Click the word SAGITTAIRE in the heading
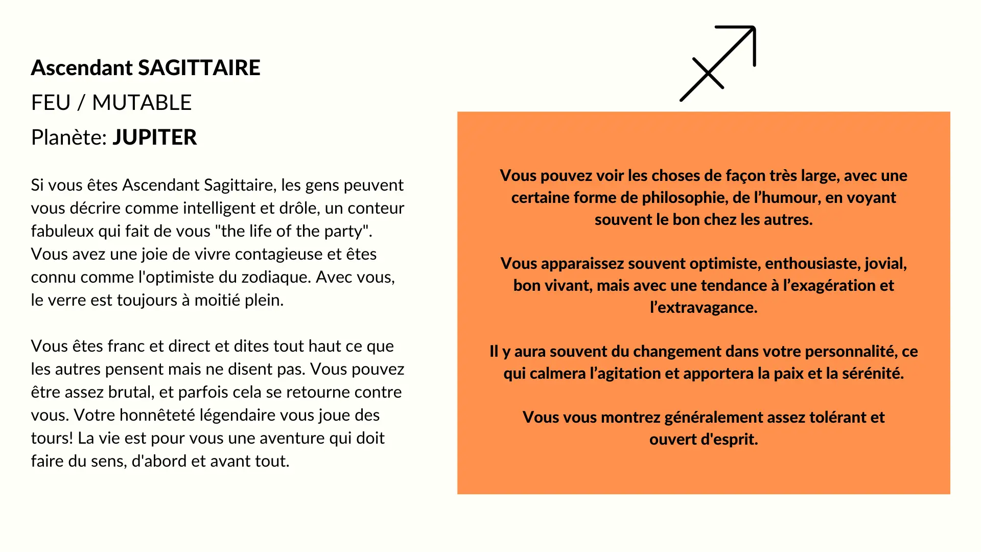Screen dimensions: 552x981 click(199, 68)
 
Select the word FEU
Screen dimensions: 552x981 click(51, 103)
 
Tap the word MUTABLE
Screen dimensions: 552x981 click(142, 103)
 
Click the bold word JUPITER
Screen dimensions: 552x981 click(154, 137)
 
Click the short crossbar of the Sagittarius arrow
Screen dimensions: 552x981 click(708, 73)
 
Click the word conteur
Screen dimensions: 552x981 click(376, 208)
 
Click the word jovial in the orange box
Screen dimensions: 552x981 click(885, 264)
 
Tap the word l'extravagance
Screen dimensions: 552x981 click(704, 308)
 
